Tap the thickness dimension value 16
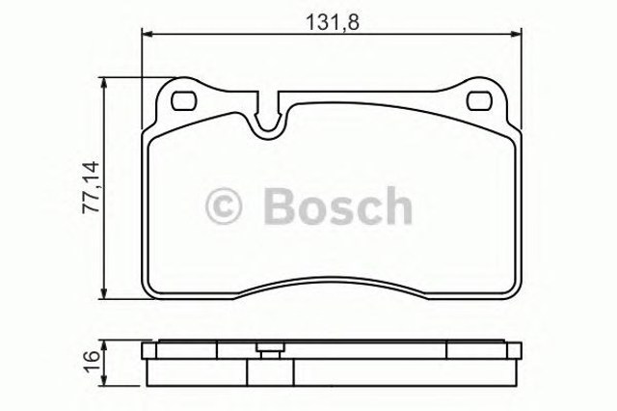90,361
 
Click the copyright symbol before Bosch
226,205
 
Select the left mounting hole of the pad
183,101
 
